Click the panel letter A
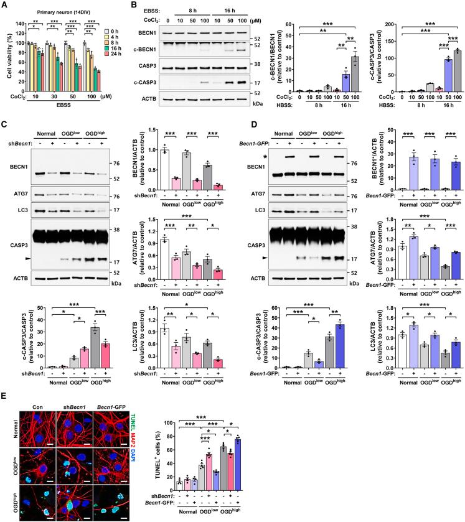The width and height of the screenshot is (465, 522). [x=5, y=5]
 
